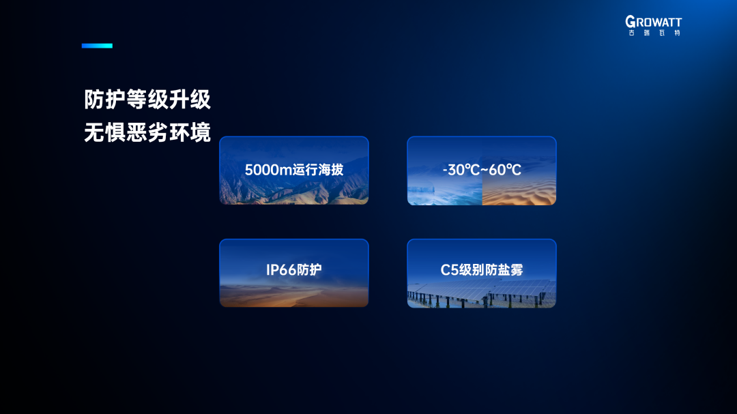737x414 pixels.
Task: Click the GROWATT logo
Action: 653,25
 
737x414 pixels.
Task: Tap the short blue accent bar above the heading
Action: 97,46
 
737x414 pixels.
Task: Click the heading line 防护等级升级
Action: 147,100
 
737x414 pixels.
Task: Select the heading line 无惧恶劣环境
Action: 147,132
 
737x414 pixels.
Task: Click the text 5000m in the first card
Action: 268,170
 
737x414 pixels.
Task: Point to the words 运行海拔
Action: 318,170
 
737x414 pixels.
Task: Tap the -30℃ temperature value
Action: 461,170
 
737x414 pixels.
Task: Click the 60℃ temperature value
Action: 505,170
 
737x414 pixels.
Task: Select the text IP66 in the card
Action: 281,269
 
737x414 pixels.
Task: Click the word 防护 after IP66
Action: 309,269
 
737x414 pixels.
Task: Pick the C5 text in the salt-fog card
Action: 449,269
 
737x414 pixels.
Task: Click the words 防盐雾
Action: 504,269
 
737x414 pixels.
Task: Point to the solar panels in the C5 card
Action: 482,293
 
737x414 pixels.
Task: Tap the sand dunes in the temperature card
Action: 519,192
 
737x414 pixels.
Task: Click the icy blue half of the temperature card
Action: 445,192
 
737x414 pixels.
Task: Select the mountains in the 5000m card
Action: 293,188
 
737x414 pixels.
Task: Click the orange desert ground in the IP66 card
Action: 293,296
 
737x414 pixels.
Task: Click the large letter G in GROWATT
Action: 631,22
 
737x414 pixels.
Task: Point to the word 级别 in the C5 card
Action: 472,269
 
